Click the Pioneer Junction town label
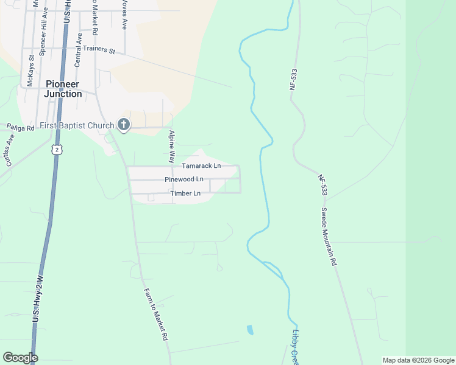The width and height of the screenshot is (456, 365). point(63,89)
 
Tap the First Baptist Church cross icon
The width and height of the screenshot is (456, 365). point(123,125)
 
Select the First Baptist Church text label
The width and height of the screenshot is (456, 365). point(77,126)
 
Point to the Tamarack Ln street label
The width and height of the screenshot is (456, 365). point(201,165)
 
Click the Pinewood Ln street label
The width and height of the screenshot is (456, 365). point(184,179)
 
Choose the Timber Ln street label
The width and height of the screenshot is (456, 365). point(185,193)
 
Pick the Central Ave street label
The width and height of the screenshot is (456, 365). point(78,50)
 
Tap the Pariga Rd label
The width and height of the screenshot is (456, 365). point(20,127)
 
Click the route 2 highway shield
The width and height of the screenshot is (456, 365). point(57,149)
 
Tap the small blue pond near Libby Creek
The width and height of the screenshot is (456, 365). point(250,330)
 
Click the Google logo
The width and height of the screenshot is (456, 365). point(20,358)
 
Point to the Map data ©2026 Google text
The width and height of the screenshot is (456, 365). point(418,360)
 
